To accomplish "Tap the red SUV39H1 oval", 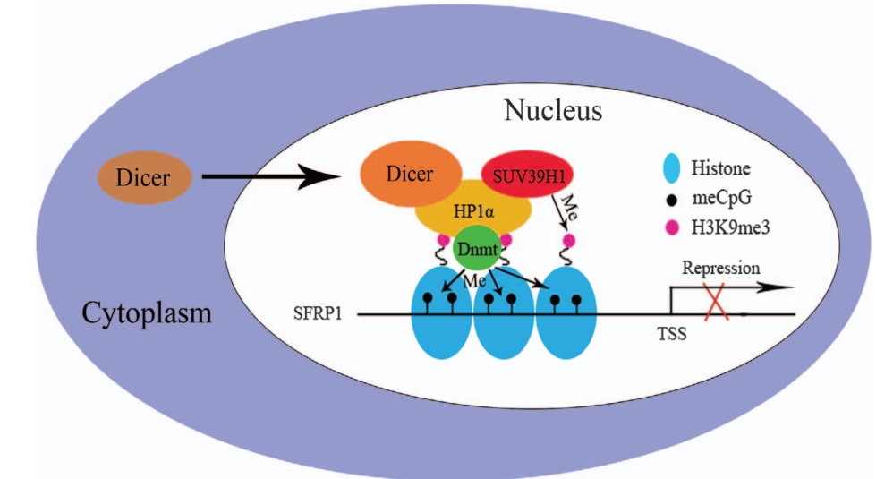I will [x=529, y=173].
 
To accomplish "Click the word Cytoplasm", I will [x=147, y=313].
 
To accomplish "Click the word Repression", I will [x=720, y=268].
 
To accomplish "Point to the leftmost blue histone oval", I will [x=440, y=318].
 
